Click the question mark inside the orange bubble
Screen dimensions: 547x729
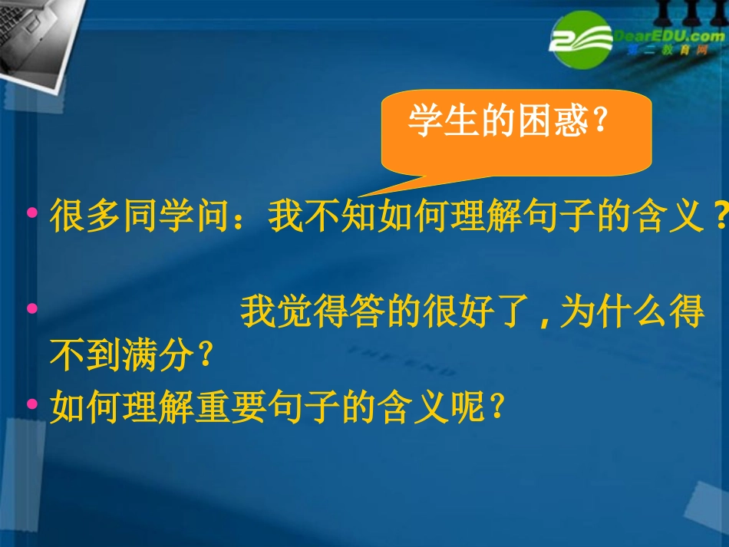point(601,121)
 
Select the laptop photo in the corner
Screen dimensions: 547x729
point(38,35)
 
